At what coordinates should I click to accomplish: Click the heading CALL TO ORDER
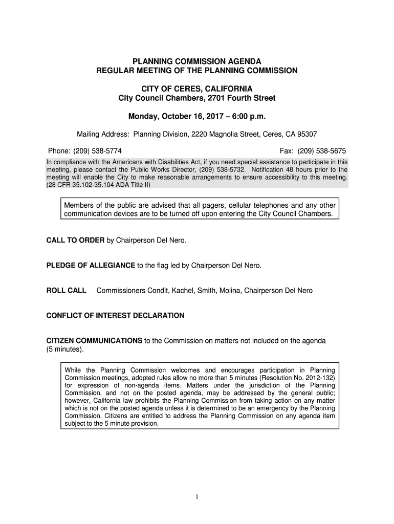coord(75,240)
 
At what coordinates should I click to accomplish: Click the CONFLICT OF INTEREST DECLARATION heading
coord(115,316)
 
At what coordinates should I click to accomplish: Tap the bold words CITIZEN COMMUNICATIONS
coord(94,340)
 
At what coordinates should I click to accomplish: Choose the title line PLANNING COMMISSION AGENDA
coord(197,61)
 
